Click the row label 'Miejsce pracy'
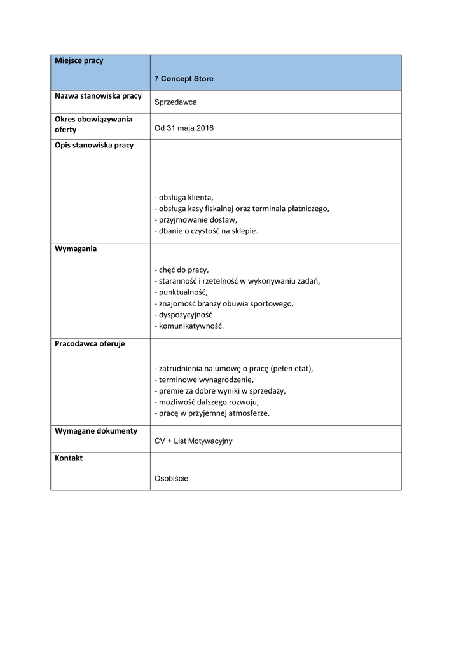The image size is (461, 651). pyautogui.click(x=79, y=61)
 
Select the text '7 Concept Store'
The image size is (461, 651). pyautogui.click(x=184, y=79)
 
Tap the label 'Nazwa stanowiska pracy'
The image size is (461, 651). pyautogui.click(x=98, y=96)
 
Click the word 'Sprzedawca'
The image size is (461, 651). pyautogui.click(x=175, y=102)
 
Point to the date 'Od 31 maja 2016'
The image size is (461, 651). pyautogui.click(x=184, y=128)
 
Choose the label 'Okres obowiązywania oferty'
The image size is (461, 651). pyautogui.click(x=93, y=124)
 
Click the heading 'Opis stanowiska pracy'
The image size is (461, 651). pyautogui.click(x=94, y=145)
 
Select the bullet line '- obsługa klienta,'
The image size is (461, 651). pyautogui.click(x=184, y=197)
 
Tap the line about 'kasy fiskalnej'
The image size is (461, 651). pyautogui.click(x=242, y=209)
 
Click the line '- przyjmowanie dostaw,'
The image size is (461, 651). pyautogui.click(x=195, y=219)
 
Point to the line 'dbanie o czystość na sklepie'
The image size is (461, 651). pyautogui.click(x=206, y=231)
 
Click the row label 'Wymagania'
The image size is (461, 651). pyautogui.click(x=76, y=249)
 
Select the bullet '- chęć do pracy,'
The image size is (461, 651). pyautogui.click(x=181, y=270)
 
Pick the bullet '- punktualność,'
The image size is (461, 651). pyautogui.click(x=181, y=292)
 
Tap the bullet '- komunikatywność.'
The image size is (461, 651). pyautogui.click(x=189, y=326)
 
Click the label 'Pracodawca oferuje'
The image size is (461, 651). pyautogui.click(x=90, y=344)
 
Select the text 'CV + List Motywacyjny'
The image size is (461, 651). pyautogui.click(x=193, y=441)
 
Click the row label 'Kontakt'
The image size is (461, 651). pyautogui.click(x=69, y=458)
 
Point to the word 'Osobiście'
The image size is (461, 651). pyautogui.click(x=171, y=479)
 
